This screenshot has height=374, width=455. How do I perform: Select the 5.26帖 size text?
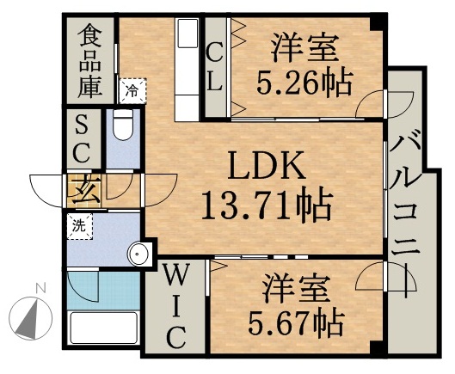pos(305,82)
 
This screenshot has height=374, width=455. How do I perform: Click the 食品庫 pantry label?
pos(90,60)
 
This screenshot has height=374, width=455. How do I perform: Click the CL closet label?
pos(215,66)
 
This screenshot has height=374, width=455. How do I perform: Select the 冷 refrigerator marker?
pos(133,89)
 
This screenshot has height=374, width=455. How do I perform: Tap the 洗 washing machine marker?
pos(79,228)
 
